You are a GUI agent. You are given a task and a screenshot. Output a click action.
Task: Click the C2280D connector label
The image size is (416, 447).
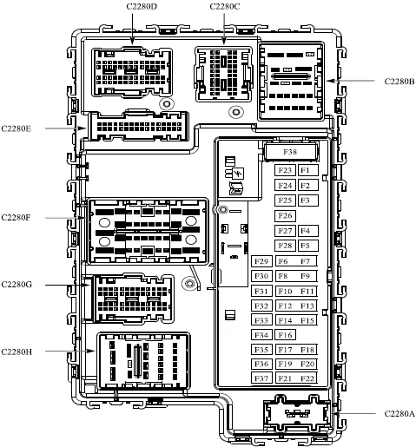[x=142, y=6]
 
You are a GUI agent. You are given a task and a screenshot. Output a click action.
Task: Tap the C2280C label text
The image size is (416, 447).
[x=225, y=6]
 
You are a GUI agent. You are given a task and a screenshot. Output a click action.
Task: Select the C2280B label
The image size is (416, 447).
[x=399, y=82]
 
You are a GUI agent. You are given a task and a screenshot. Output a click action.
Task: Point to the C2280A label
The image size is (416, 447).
[x=399, y=414]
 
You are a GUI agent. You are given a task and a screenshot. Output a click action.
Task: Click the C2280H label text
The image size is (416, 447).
[x=17, y=352]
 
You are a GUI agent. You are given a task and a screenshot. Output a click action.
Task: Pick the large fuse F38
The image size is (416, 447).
[x=290, y=152]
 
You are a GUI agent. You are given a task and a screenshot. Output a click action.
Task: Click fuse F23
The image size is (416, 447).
[x=285, y=170]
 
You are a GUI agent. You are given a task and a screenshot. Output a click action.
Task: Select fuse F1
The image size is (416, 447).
[x=308, y=170]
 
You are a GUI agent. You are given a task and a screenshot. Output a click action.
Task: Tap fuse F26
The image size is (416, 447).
[x=285, y=215]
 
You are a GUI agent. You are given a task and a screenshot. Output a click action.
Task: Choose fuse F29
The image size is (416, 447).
[x=261, y=261]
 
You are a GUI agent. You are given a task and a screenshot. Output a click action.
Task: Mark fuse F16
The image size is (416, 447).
[x=285, y=335]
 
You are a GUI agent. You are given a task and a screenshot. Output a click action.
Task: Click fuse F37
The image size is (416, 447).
[x=261, y=378]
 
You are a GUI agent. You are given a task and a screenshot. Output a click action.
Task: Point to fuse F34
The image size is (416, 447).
[x=261, y=335]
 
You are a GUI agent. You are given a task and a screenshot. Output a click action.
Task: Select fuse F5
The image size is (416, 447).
[x=308, y=246]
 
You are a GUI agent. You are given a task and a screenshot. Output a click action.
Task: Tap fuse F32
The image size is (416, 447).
[x=261, y=306]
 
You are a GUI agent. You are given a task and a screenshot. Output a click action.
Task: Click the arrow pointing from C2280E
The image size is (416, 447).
[x=66, y=128]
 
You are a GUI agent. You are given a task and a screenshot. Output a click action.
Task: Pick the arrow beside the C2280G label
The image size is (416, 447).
[x=68, y=285]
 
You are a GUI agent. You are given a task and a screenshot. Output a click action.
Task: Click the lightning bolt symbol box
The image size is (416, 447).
[x=238, y=174]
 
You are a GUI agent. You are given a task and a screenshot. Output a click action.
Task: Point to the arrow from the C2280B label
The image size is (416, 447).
[x=350, y=81]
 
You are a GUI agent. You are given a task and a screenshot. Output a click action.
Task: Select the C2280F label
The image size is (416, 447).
[x=16, y=217]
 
